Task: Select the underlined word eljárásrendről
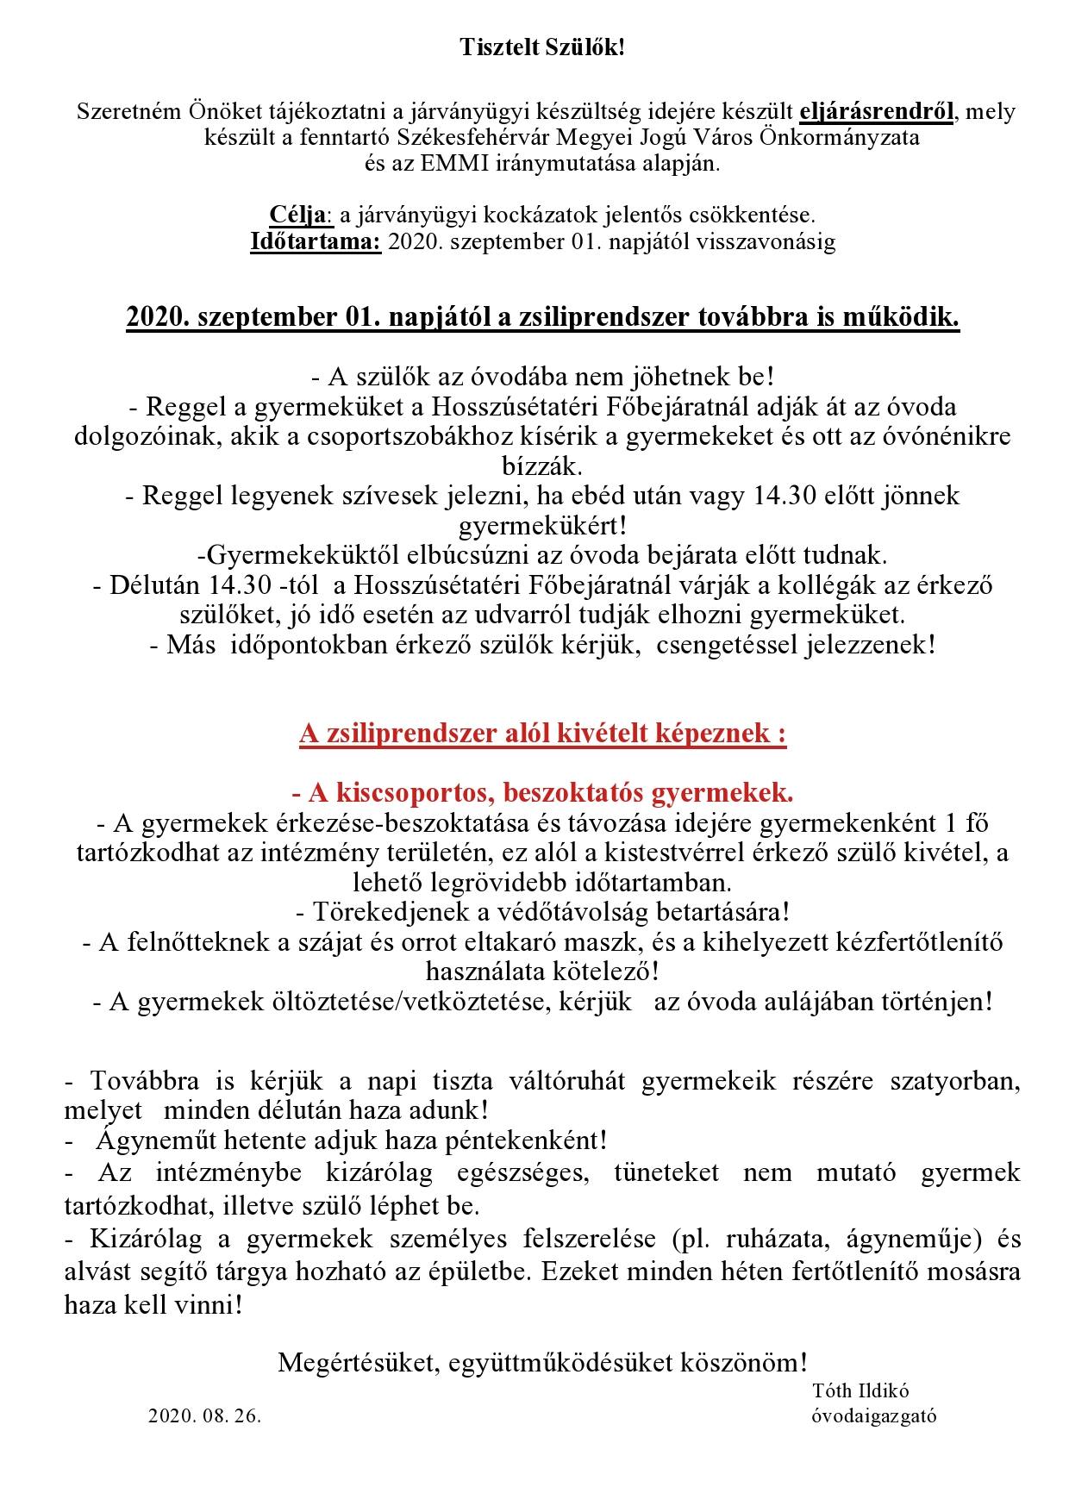click(876, 111)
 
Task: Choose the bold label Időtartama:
click(315, 241)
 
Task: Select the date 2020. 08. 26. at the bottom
click(204, 1416)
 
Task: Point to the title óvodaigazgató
click(873, 1416)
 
